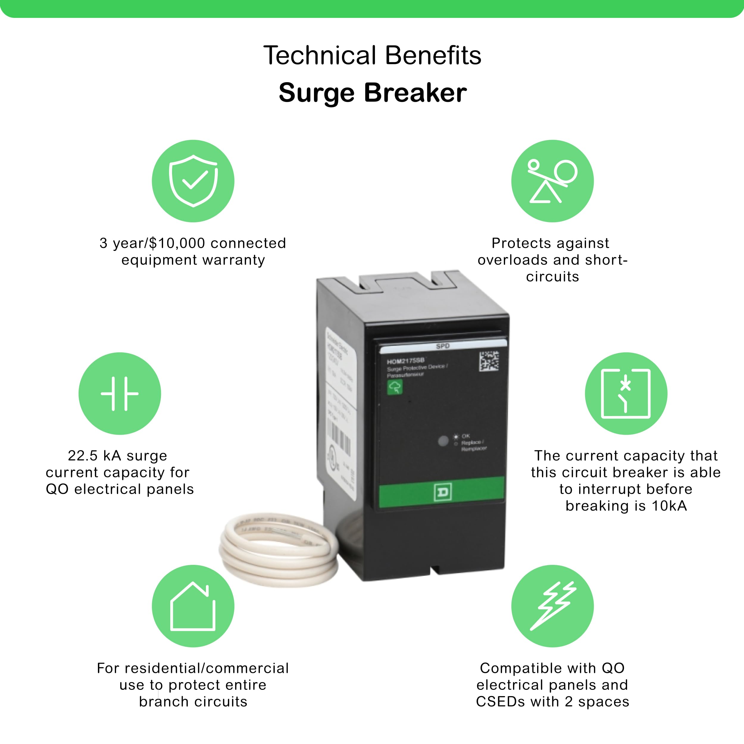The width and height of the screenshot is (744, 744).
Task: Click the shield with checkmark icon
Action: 193,181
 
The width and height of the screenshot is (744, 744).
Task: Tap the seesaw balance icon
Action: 552,181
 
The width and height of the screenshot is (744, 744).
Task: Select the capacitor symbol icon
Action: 119,393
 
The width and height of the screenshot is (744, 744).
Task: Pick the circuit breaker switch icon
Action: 626,393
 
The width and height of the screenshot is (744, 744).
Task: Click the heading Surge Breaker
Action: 372,93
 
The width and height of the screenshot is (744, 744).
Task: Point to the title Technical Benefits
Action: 372,55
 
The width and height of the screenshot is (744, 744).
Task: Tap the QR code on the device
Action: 489,361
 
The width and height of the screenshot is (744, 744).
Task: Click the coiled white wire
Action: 279,551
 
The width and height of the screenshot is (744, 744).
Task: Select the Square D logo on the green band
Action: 442,493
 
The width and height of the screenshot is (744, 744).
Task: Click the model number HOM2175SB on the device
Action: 406,361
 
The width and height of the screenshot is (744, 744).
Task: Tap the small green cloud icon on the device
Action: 395,387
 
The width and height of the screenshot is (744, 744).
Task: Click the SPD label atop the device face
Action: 443,346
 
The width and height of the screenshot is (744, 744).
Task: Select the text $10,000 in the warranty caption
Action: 177,243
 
